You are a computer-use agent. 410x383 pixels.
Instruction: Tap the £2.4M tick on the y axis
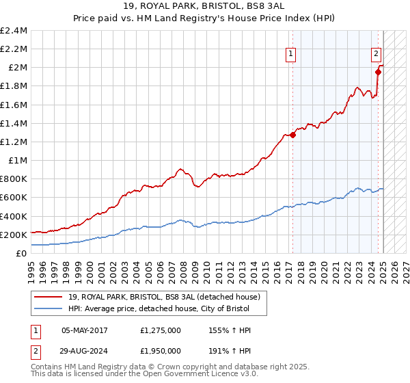(x=14, y=31)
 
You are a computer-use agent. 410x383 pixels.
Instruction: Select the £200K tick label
(x=14, y=235)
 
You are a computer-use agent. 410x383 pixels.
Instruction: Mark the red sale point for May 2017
(x=293, y=135)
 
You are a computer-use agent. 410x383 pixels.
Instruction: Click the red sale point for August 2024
(x=378, y=72)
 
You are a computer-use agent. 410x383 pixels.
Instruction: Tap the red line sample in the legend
(x=49, y=298)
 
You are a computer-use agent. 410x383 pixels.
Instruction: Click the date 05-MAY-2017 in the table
(x=85, y=330)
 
